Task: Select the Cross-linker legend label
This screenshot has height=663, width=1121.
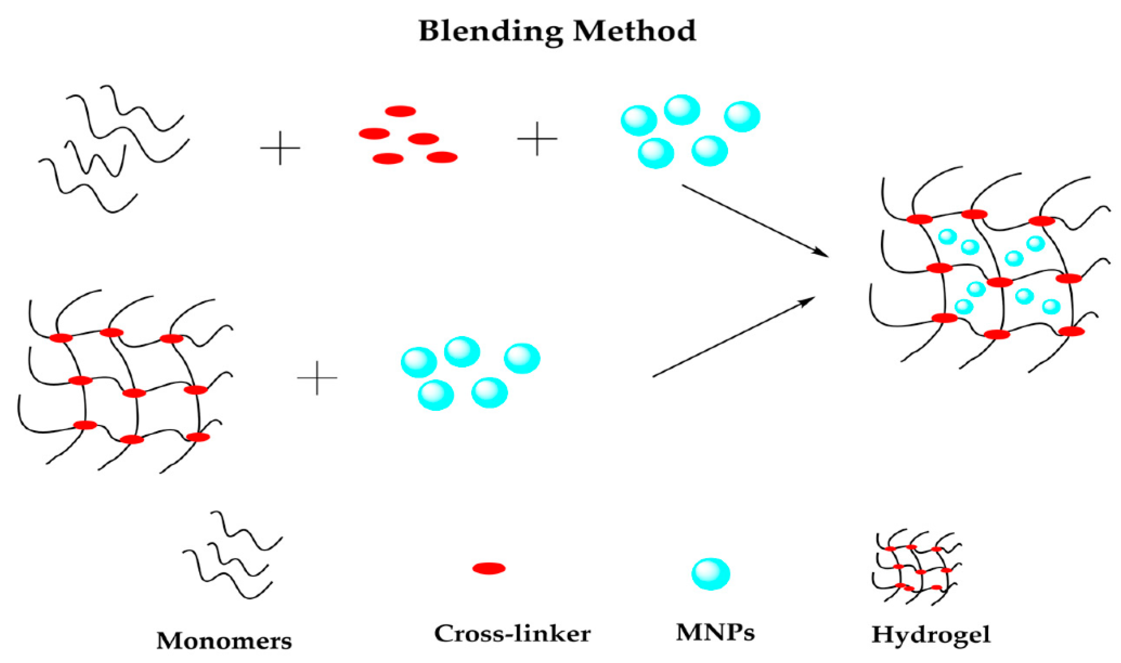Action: (x=512, y=634)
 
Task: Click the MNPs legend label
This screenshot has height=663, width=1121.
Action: (x=715, y=632)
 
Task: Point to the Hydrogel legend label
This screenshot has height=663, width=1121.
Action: (x=931, y=635)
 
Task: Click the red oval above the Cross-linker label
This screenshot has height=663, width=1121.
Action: (x=489, y=568)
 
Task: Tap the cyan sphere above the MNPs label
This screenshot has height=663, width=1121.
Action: (x=711, y=574)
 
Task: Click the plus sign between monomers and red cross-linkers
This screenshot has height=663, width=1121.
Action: (x=280, y=148)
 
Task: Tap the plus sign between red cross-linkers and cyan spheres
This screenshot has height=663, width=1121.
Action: (x=537, y=139)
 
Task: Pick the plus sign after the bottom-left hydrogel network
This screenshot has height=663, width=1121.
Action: (x=317, y=378)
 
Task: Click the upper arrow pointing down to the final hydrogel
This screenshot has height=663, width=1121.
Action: (x=755, y=221)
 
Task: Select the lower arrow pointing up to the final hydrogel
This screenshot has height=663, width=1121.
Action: (x=732, y=337)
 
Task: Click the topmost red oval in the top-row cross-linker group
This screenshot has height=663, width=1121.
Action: (x=400, y=111)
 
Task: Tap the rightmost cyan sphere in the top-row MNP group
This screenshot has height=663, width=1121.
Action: (x=742, y=117)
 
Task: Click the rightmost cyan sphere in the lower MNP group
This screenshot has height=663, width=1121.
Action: (x=522, y=358)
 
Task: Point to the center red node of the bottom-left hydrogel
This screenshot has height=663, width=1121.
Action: (x=134, y=393)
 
